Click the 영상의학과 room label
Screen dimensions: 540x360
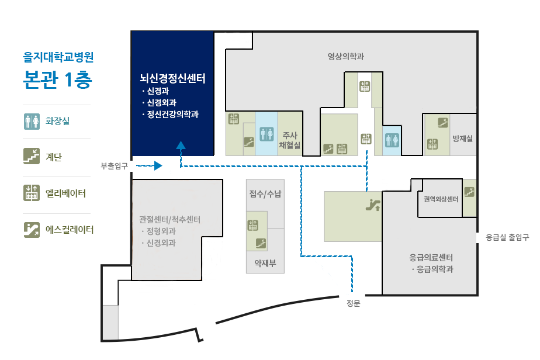[345, 57]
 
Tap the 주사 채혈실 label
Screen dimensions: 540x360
[290, 140]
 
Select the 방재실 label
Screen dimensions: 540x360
[462, 139]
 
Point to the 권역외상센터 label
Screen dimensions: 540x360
[441, 199]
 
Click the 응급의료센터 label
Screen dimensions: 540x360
[431, 257]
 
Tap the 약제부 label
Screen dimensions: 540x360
[265, 263]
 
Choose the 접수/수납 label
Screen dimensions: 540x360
[265, 194]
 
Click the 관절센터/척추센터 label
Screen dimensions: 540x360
[169, 219]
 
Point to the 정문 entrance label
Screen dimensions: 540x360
[353, 303]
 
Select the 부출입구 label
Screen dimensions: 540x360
[114, 166]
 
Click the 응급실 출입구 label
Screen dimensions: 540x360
[507, 237]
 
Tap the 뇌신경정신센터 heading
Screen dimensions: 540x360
[172, 78]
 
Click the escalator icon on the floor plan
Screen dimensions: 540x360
[373, 205]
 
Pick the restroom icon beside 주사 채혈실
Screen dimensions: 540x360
[266, 134]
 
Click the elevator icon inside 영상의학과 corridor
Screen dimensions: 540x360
[365, 86]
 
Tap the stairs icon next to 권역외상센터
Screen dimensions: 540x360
[469, 192]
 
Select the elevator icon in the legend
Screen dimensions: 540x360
[32, 193]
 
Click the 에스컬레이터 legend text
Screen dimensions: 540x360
[70, 230]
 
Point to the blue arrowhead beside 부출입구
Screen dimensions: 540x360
[158, 166]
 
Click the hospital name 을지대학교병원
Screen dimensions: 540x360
[58, 57]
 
